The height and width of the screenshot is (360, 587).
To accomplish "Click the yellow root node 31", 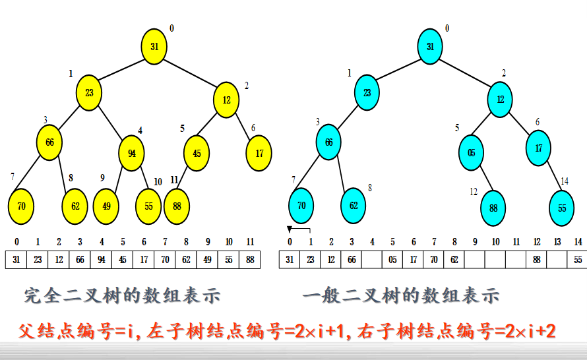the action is (x=154, y=46).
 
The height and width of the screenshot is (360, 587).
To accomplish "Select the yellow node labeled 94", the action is (x=131, y=153).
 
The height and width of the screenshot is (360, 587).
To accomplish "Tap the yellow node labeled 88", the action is (x=177, y=206).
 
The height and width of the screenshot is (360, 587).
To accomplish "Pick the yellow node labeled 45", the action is (x=197, y=153).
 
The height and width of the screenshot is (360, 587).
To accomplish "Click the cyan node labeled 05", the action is (x=471, y=153).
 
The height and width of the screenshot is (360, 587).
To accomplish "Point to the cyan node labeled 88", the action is (x=493, y=208).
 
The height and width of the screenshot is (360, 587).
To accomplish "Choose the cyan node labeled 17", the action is (x=538, y=148).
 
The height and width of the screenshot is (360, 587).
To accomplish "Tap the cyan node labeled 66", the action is (x=328, y=142).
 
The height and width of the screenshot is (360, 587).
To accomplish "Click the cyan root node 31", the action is (x=430, y=46).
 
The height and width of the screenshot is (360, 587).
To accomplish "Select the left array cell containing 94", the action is (x=101, y=260).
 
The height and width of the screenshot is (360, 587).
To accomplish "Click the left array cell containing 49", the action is (x=207, y=260).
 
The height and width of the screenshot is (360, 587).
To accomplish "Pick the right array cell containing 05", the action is (x=392, y=260).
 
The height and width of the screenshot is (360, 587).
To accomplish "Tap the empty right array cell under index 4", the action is (x=372, y=260).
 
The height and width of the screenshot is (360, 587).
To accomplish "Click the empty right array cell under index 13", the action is (x=557, y=260).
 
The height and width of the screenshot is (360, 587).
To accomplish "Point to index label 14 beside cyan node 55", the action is (x=565, y=181).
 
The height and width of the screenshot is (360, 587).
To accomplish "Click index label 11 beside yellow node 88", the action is (x=174, y=180).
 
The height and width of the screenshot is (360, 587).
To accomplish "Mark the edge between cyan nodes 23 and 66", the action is (x=348, y=117).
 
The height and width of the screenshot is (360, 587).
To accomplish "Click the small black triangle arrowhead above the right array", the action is (x=289, y=229).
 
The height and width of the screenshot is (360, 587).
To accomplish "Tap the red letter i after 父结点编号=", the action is (x=131, y=331).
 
